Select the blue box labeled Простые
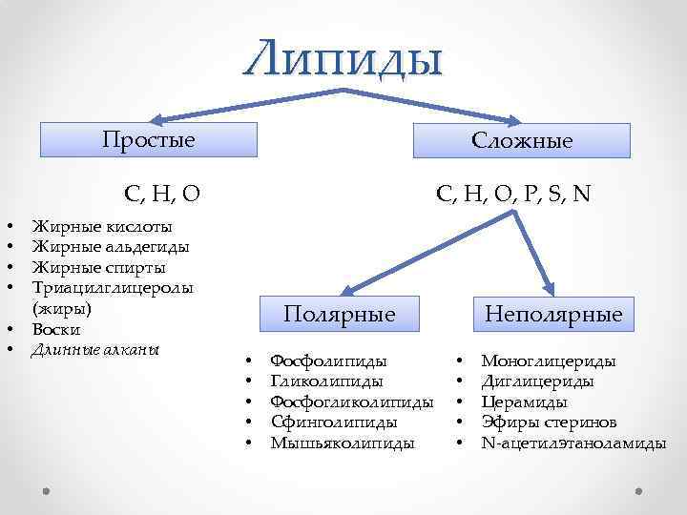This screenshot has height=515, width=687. click(x=149, y=140)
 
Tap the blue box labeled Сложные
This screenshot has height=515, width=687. click(x=522, y=141)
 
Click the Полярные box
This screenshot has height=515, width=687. click(x=339, y=314)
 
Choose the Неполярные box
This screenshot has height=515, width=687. click(x=553, y=314)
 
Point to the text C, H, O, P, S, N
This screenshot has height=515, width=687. click(x=512, y=194)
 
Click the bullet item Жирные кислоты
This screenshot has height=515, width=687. click(x=103, y=227)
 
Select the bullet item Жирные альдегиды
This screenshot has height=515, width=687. click(x=111, y=247)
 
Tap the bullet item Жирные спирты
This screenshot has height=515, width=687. click(x=99, y=267)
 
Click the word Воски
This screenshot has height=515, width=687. click(x=54, y=329)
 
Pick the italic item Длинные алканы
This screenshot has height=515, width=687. click(x=94, y=349)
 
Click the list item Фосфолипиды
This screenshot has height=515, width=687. click(x=329, y=361)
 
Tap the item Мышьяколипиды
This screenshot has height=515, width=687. click(x=343, y=442)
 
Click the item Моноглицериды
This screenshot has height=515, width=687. click(x=549, y=361)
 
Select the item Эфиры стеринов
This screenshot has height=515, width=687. click(x=550, y=422)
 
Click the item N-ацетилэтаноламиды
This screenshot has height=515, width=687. click(x=573, y=442)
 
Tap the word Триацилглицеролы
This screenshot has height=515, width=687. click(x=113, y=287)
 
